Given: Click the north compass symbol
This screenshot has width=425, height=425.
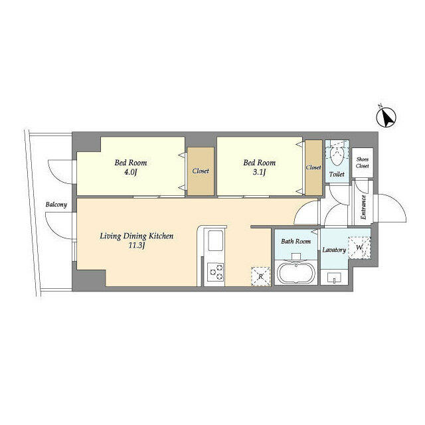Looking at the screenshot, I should point(386,118).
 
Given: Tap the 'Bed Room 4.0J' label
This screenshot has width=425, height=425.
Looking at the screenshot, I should point(130,167).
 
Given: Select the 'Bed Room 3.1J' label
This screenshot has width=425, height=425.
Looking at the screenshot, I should point(259,167).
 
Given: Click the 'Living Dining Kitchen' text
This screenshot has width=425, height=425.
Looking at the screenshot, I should point(137,236).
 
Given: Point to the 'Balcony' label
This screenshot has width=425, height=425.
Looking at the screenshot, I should point(56,205).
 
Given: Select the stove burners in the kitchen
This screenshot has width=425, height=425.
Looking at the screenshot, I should point(216,272).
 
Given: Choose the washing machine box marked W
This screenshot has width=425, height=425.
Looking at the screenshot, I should point(359,248).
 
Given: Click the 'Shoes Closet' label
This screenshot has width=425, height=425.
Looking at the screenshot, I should point(362,163).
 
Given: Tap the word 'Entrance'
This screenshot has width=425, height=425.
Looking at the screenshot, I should point(363,207).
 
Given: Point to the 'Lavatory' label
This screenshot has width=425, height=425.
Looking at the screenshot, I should point(334,250).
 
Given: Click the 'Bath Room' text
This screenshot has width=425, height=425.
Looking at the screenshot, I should point(296,241).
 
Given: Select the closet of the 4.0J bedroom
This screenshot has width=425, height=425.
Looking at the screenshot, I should point(201,171).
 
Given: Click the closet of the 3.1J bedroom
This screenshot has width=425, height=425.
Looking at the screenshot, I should point(313,168).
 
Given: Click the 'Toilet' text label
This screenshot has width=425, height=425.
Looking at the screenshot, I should point(337,175).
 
